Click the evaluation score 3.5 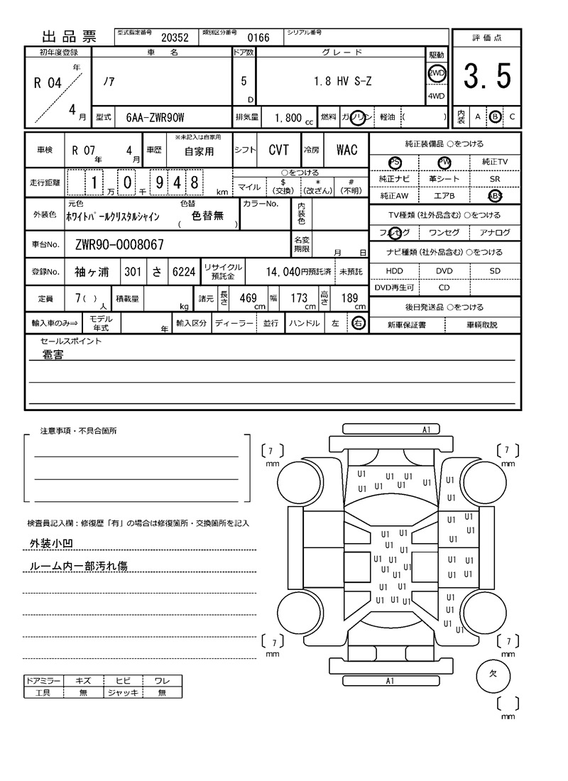coord(487,77)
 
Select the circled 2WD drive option coord(437,73)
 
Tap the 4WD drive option coord(436,97)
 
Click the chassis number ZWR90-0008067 coord(119,245)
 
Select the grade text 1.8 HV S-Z coord(342,82)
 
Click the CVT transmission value coord(278,150)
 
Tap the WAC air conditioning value coord(347,150)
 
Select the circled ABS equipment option coord(495,196)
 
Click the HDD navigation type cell coord(394,271)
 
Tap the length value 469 coord(248,298)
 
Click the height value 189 coord(349,298)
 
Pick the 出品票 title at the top coord(70,37)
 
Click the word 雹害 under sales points coord(53,354)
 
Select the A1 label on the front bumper coord(427,430)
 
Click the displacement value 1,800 coord(288,118)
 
